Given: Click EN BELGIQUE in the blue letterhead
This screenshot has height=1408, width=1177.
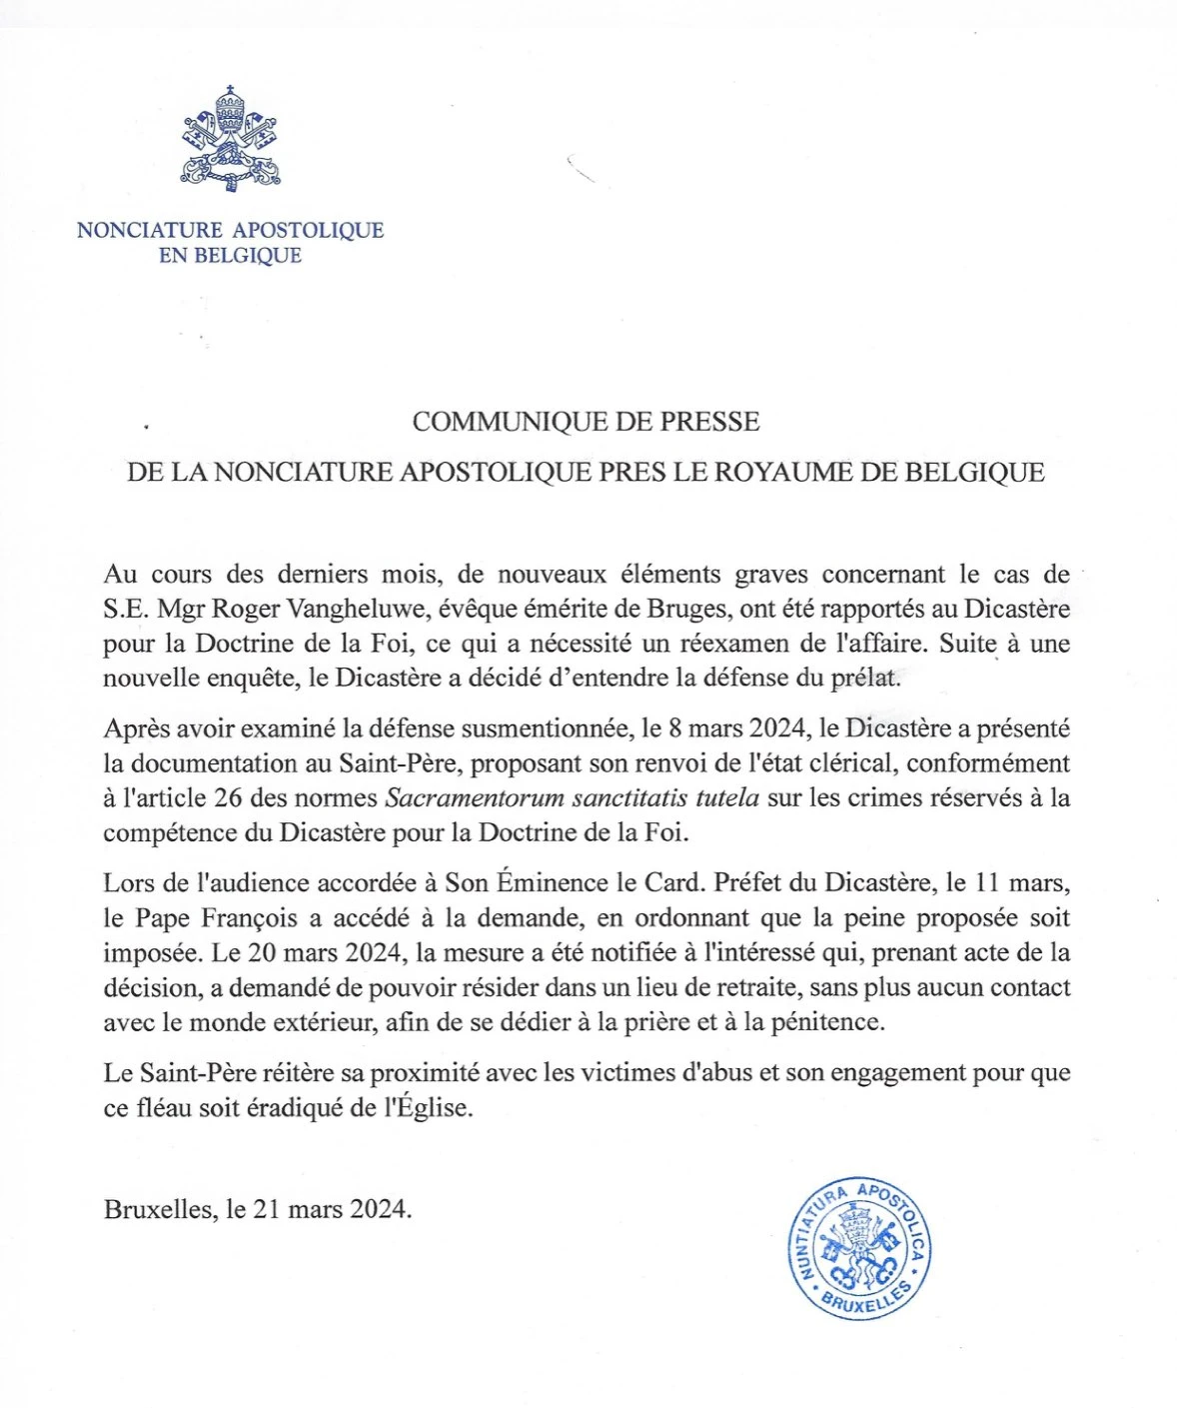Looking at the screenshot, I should coord(230,256).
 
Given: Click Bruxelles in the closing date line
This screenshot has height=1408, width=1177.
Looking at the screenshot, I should coord(159,1209).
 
